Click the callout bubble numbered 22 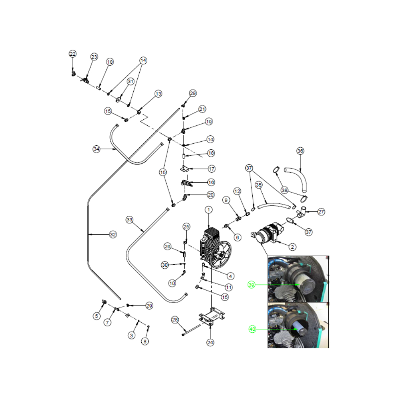(x=72, y=54)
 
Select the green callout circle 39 (x=251, y=285)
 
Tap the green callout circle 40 (x=252, y=329)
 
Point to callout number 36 (x=300, y=151)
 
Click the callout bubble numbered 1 (x=209, y=210)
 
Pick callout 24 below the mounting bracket (x=210, y=343)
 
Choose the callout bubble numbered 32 (x=113, y=234)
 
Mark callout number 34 (x=96, y=149)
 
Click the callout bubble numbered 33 (x=129, y=220)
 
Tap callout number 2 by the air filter (x=293, y=247)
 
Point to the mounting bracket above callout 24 (x=212, y=317)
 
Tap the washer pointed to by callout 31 (x=118, y=100)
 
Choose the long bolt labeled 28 (x=191, y=330)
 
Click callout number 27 (x=321, y=212)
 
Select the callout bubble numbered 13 (x=158, y=94)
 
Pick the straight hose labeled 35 (x=274, y=206)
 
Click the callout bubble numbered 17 (x=211, y=169)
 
